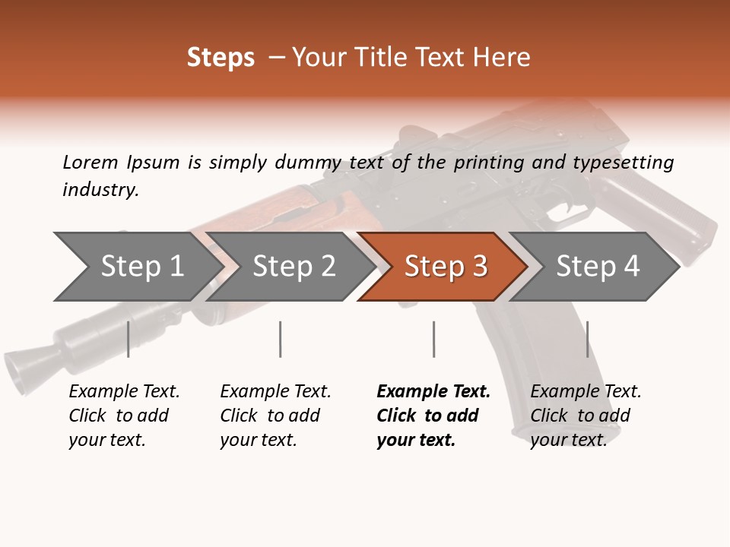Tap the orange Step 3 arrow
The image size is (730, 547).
click(446, 267)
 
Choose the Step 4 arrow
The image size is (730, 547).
click(598, 267)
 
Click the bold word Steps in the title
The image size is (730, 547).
click(221, 58)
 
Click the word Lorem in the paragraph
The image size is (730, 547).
click(90, 162)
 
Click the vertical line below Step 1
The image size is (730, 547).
click(129, 339)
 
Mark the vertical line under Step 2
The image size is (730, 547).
click(281, 339)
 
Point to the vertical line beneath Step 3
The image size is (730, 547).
click(433, 339)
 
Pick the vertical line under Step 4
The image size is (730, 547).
click(587, 339)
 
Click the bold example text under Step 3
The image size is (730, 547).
click(433, 416)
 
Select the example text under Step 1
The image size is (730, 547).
click(124, 416)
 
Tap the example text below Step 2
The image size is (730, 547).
click(275, 416)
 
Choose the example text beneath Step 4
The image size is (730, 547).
click(585, 416)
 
